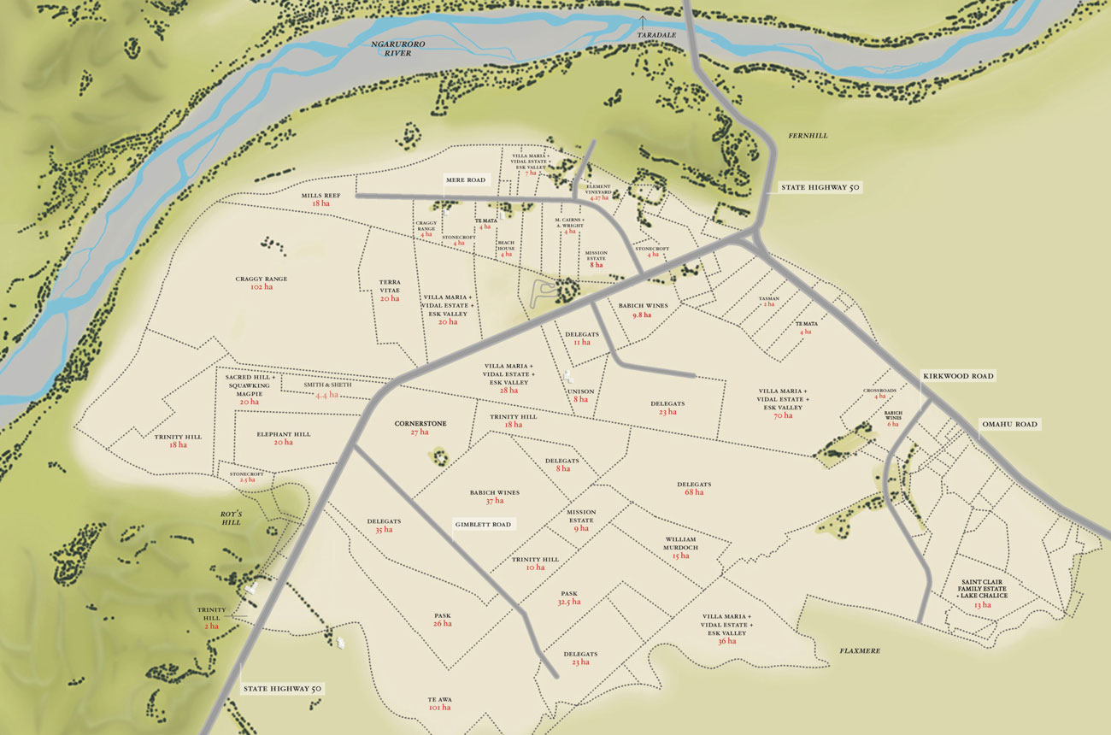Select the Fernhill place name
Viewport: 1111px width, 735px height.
(809, 136)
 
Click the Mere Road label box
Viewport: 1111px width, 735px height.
(465, 180)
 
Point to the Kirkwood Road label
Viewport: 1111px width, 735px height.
(958, 376)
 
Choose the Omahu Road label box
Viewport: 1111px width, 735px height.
(1008, 425)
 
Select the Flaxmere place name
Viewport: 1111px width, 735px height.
(859, 651)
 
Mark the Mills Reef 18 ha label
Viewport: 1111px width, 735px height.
(320, 199)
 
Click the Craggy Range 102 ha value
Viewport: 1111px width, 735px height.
(262, 288)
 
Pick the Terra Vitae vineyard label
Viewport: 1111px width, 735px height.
(390, 289)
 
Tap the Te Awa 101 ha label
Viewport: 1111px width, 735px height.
(439, 703)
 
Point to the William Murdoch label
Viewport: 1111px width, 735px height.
(680, 547)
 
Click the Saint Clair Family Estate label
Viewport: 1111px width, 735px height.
(983, 590)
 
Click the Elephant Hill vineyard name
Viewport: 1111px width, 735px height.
(284, 438)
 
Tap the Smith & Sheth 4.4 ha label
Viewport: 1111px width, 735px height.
(327, 390)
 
